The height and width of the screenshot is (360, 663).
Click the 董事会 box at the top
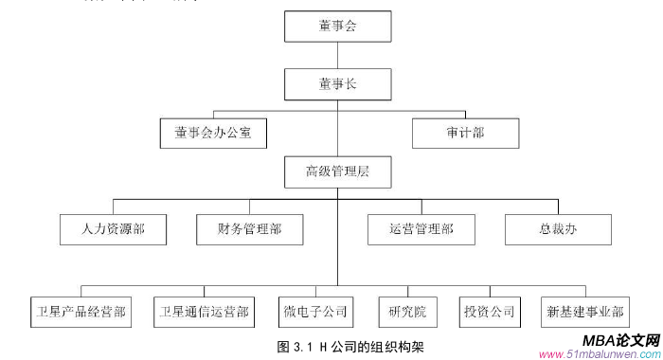coord(337,27)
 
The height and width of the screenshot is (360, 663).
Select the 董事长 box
coord(337,85)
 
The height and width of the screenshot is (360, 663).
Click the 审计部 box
coord(464,134)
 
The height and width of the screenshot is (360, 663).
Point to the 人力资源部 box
coord(113,229)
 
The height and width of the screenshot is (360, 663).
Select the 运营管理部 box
coord(421,229)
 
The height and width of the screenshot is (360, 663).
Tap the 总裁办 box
coord(558,229)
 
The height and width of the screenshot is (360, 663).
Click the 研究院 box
coord(407,311)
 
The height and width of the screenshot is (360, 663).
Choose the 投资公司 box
coord(489,311)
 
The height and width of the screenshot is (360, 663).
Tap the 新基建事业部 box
coord(585,311)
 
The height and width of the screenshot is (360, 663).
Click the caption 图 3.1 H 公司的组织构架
coord(351,346)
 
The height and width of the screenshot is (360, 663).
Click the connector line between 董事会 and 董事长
coord(337,56)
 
